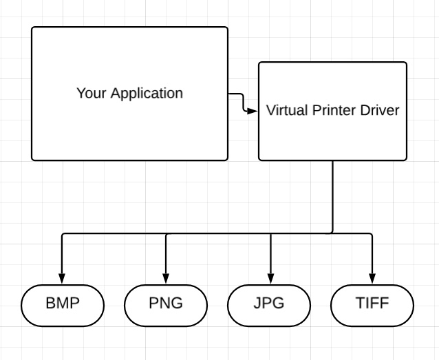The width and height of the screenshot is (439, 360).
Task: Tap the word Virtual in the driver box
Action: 287,110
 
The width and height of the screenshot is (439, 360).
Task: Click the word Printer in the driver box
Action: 335,110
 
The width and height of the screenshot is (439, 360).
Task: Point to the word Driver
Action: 379,110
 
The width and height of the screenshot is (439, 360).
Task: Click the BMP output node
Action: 62,304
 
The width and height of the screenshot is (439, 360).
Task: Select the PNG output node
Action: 166,304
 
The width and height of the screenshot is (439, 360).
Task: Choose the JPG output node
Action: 269,304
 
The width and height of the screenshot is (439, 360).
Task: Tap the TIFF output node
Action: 372,304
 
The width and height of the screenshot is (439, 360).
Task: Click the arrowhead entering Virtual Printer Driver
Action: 253,109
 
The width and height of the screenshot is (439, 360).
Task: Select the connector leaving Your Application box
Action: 235,94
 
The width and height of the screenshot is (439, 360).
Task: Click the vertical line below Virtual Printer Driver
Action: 333,196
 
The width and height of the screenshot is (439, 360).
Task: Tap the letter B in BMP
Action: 50,304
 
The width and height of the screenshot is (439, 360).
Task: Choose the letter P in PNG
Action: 153,304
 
